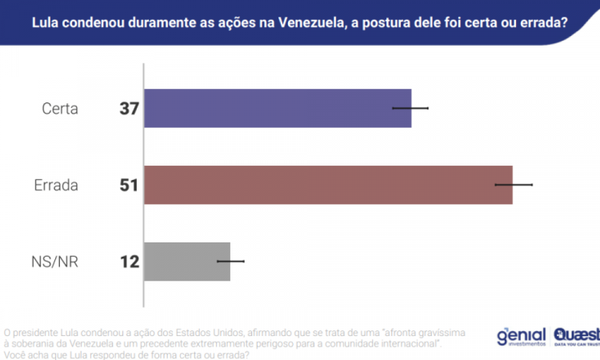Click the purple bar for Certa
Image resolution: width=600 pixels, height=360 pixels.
[x=277, y=108]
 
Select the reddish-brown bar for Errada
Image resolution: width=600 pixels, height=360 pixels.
[x=327, y=185]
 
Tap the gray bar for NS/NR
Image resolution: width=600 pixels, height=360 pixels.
[x=186, y=262]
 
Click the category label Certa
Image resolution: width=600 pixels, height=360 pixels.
[x=60, y=109]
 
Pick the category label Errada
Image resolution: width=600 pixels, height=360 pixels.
[x=56, y=186]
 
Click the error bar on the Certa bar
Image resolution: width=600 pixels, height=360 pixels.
[x=410, y=108]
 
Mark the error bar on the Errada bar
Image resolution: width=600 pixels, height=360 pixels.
[x=513, y=185]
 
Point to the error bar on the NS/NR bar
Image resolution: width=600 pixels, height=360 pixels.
[x=230, y=262]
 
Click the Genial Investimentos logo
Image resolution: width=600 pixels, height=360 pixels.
[x=521, y=337]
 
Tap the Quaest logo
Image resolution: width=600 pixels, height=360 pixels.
[x=574, y=336]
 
